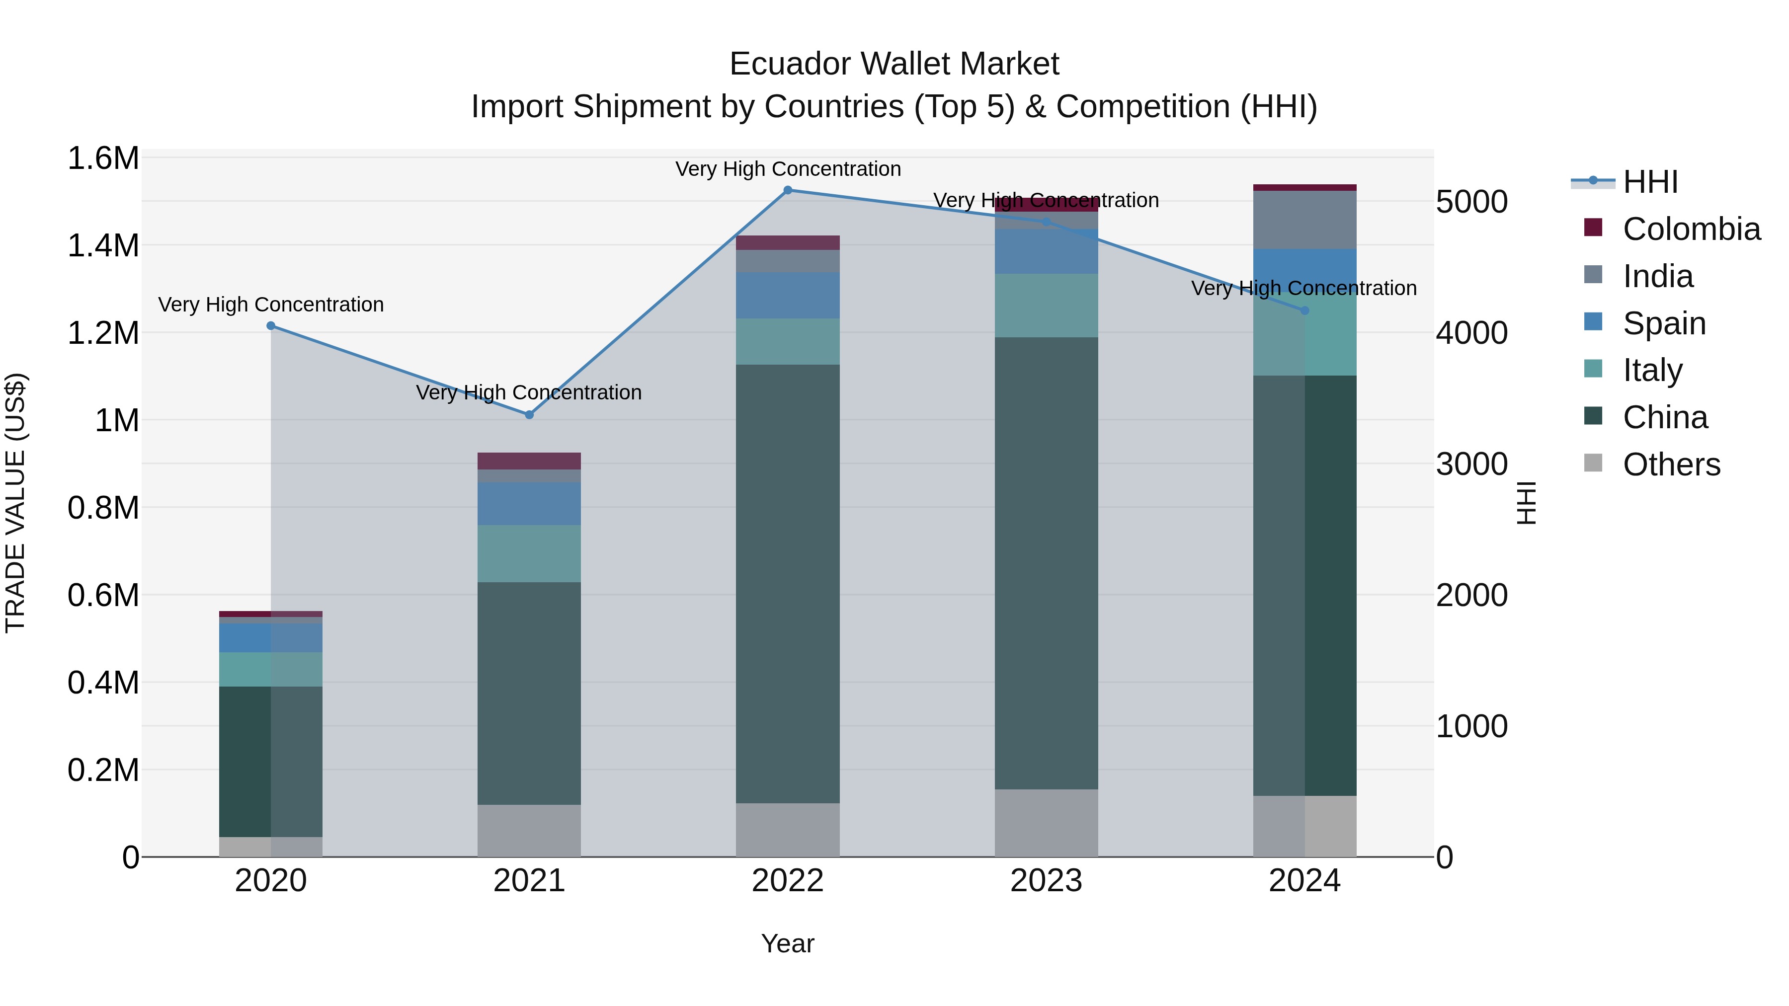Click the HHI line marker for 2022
tap(788, 190)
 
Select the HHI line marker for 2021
tap(529, 414)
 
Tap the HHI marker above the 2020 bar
tap(271, 325)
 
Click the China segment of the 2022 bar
tap(788, 583)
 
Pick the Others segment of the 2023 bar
tap(1046, 823)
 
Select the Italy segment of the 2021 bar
tap(529, 553)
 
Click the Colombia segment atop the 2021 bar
tap(529, 461)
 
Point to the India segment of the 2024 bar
tap(1304, 220)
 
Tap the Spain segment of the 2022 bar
tap(788, 295)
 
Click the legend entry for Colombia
tap(1691, 229)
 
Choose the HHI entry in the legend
tap(1649, 182)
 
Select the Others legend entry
tap(1671, 464)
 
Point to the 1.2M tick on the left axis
tap(103, 332)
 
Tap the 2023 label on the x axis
tap(1046, 880)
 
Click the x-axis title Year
tap(788, 943)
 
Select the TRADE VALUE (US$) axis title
tap(15, 503)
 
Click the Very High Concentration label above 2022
tap(788, 169)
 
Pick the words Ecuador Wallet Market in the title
tap(894, 64)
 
